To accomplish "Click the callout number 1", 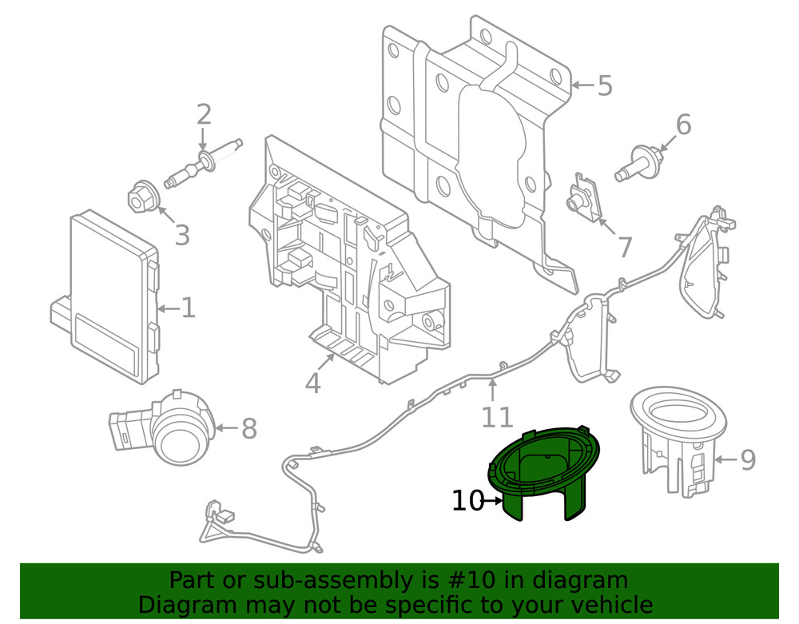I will pos(187,308).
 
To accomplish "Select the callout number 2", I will pos(204,115).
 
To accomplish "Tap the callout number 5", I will pos(604,85).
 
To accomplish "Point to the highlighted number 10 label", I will pos(467,501).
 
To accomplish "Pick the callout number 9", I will pos(746,459).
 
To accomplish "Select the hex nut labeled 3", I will pos(141,197).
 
